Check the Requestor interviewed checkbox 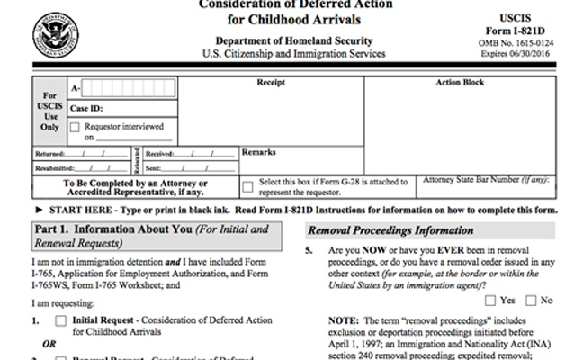click(x=75, y=127)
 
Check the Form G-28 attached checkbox click(x=248, y=185)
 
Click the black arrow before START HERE click(x=39, y=209)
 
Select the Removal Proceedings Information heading click(x=379, y=229)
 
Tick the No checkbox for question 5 click(x=531, y=301)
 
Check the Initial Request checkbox click(x=60, y=319)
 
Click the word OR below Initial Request click(x=50, y=343)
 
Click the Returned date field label click(x=53, y=154)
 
